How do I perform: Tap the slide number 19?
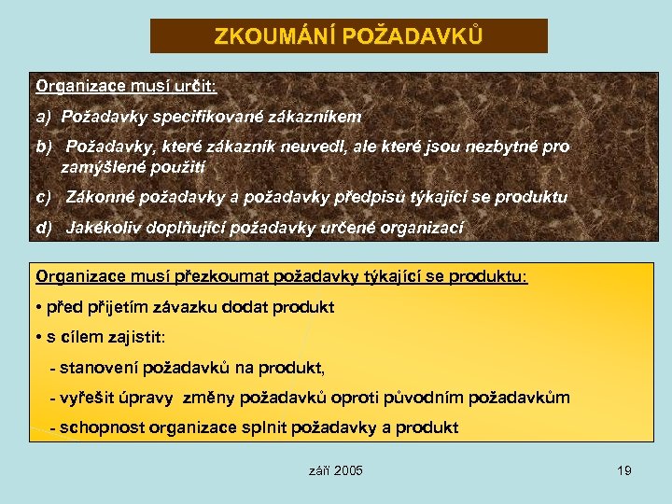[x=624, y=470]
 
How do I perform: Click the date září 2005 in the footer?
[x=335, y=470]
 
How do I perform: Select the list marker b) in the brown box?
[x=44, y=147]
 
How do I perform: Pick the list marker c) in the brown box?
[x=44, y=197]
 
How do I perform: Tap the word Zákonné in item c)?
[x=95, y=197]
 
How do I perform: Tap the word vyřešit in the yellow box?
[x=89, y=398]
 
